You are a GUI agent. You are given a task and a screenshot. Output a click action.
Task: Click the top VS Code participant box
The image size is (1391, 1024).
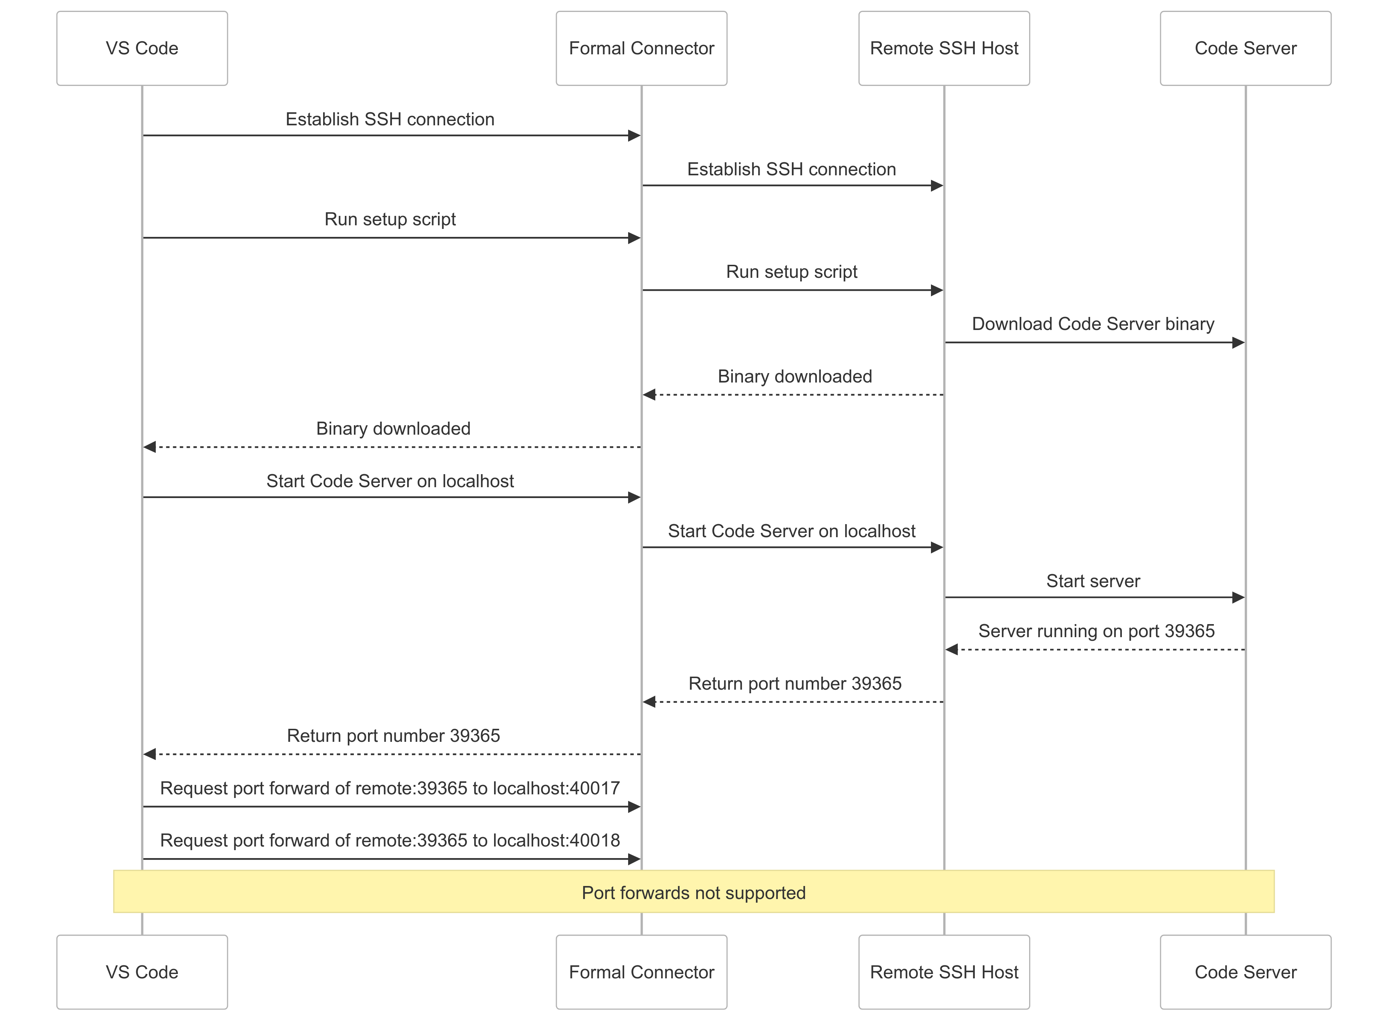coord(142,48)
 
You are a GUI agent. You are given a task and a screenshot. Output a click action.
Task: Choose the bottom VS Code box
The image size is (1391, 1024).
coord(142,971)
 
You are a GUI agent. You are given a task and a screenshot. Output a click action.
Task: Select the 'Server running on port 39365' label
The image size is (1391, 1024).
coord(1096,631)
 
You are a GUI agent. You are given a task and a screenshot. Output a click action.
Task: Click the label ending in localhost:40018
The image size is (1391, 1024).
coord(390,840)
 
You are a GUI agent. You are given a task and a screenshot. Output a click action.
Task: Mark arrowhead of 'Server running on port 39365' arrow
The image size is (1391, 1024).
coord(952,649)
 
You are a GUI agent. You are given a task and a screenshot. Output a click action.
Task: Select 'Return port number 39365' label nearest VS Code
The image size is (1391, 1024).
coord(393,736)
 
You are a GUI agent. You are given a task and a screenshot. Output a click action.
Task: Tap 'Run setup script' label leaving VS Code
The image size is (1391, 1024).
coord(390,220)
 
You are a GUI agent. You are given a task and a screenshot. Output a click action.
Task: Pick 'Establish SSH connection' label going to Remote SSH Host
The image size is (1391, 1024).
coord(791,169)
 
